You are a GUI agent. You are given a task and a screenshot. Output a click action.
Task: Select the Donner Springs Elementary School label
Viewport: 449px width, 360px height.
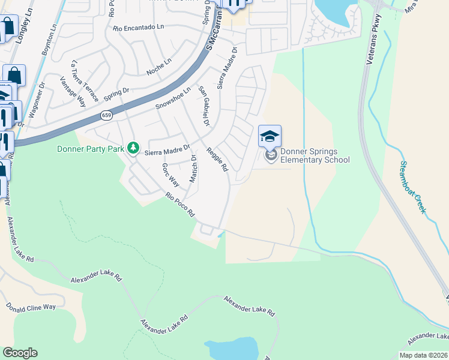(315, 155)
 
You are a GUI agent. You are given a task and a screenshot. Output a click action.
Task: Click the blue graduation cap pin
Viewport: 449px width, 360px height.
(270, 136)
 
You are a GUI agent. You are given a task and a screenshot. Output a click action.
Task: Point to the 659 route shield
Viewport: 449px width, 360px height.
(106, 115)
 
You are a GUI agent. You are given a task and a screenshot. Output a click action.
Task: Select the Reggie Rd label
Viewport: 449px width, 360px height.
(217, 160)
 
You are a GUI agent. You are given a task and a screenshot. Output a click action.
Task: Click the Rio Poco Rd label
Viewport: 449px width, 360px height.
(181, 205)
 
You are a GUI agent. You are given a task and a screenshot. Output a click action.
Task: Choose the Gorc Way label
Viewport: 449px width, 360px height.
(170, 174)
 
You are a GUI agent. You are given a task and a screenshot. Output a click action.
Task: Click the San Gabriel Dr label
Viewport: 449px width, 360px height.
(204, 106)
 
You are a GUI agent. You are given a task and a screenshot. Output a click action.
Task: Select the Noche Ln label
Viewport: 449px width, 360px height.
(158, 67)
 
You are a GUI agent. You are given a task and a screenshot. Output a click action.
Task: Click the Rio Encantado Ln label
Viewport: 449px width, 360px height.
(138, 28)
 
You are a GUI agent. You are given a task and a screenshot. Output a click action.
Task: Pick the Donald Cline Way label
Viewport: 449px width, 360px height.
(31, 307)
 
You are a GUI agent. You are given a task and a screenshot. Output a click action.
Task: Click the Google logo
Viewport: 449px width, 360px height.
(20, 353)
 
